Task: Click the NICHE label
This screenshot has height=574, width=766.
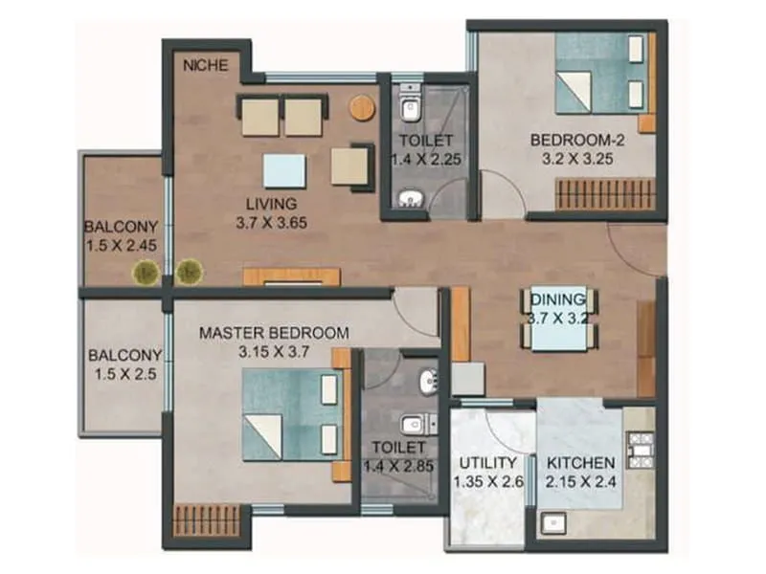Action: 206,66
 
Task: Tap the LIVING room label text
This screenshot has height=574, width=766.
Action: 271,204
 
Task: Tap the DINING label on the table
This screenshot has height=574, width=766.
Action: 559,299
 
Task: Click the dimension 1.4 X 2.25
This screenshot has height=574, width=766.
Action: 426,159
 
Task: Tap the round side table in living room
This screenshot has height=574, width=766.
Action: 362,107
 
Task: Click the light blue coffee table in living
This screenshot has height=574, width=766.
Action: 284,171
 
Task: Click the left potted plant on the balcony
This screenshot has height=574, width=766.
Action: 145,273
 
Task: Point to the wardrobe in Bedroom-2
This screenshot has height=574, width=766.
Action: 605,194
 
